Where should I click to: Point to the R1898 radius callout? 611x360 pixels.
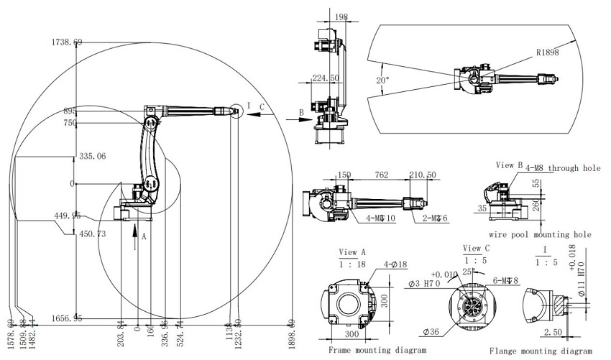click(x=546, y=52)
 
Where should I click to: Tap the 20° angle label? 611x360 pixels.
click(x=383, y=80)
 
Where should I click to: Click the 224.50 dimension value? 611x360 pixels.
click(x=326, y=78)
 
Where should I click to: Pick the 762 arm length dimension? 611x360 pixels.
click(x=381, y=175)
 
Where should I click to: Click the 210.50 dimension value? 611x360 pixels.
click(x=423, y=175)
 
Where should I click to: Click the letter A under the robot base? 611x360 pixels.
click(x=144, y=235)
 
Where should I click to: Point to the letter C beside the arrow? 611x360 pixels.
click(x=262, y=106)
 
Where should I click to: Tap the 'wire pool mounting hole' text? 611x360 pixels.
click(x=540, y=234)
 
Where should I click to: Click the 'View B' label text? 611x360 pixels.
click(x=508, y=165)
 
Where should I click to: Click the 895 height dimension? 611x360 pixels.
click(x=70, y=111)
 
